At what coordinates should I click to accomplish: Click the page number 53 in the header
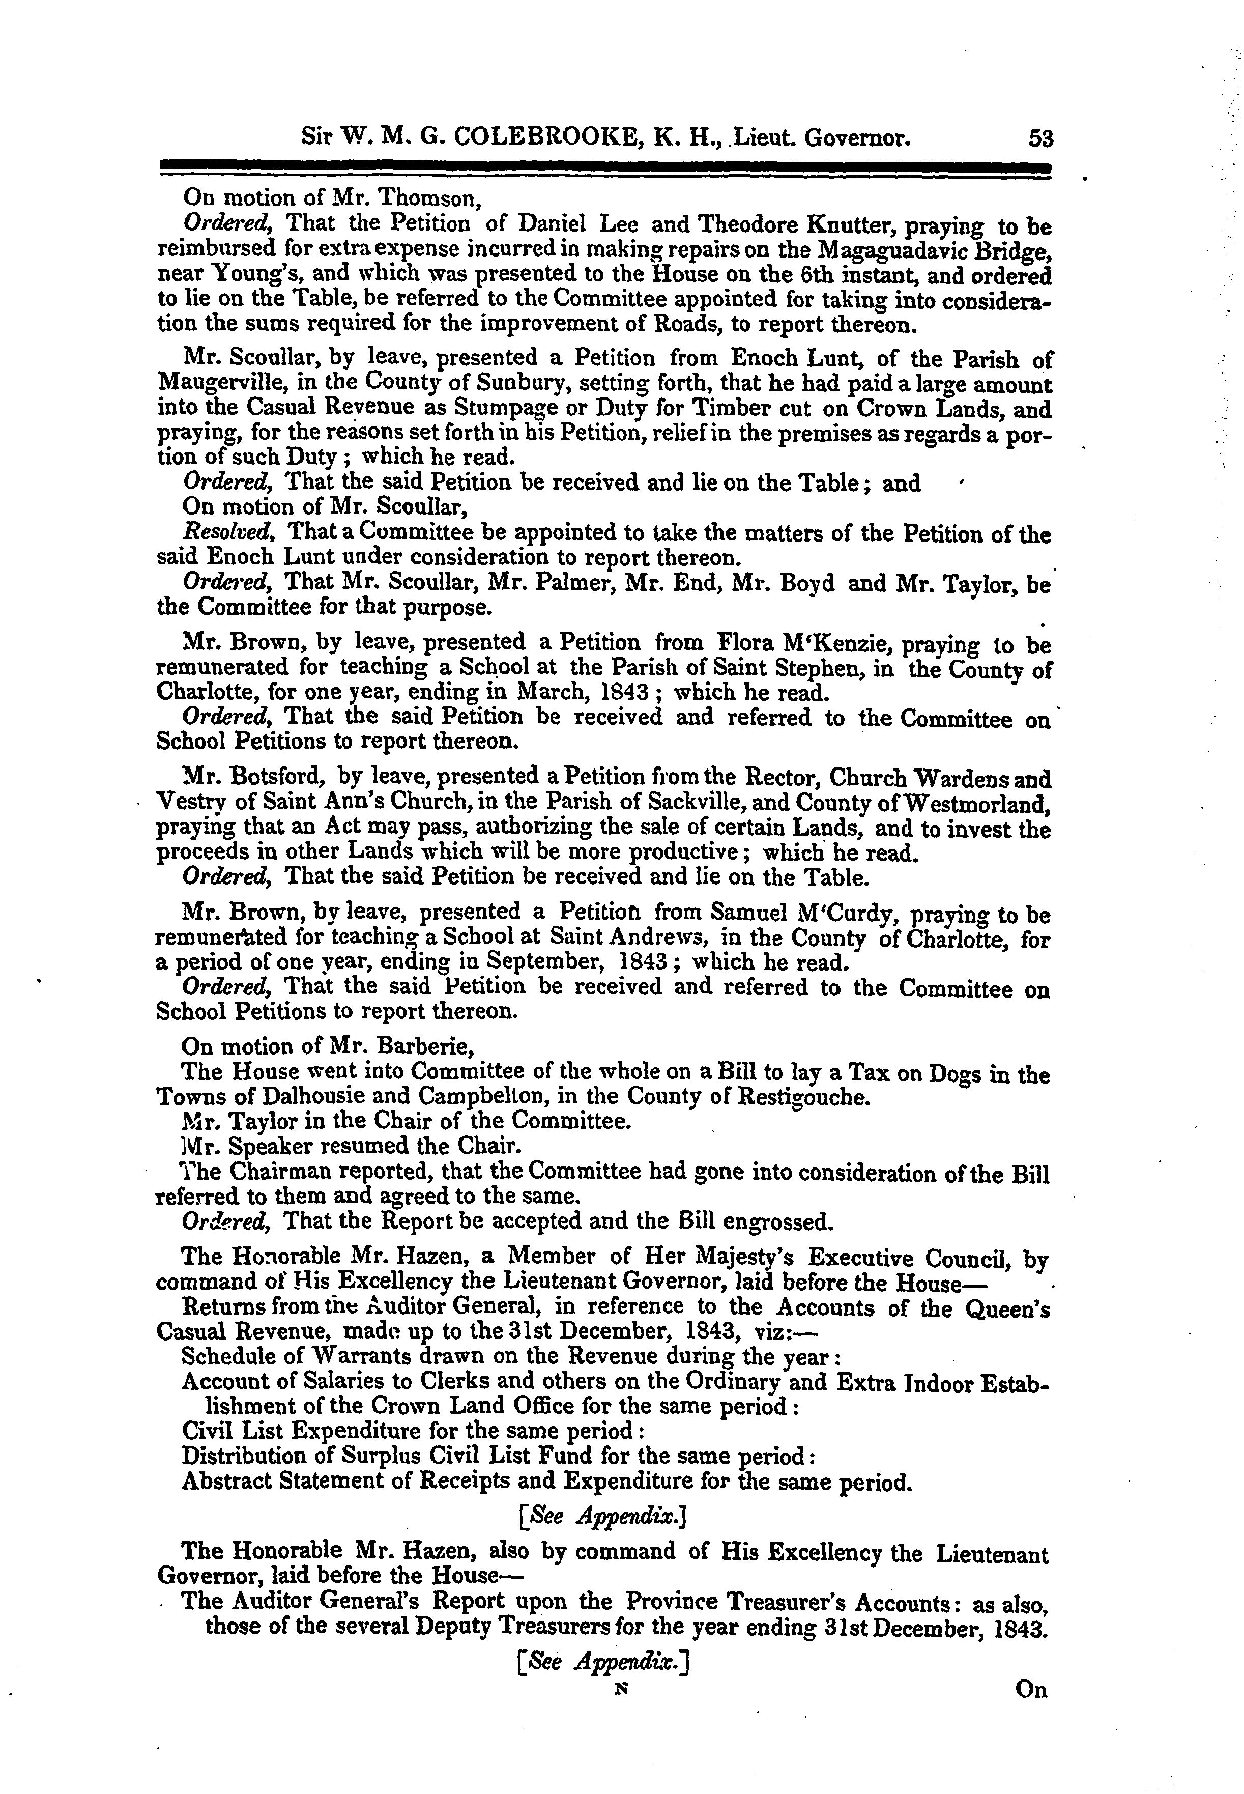click(x=1040, y=139)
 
